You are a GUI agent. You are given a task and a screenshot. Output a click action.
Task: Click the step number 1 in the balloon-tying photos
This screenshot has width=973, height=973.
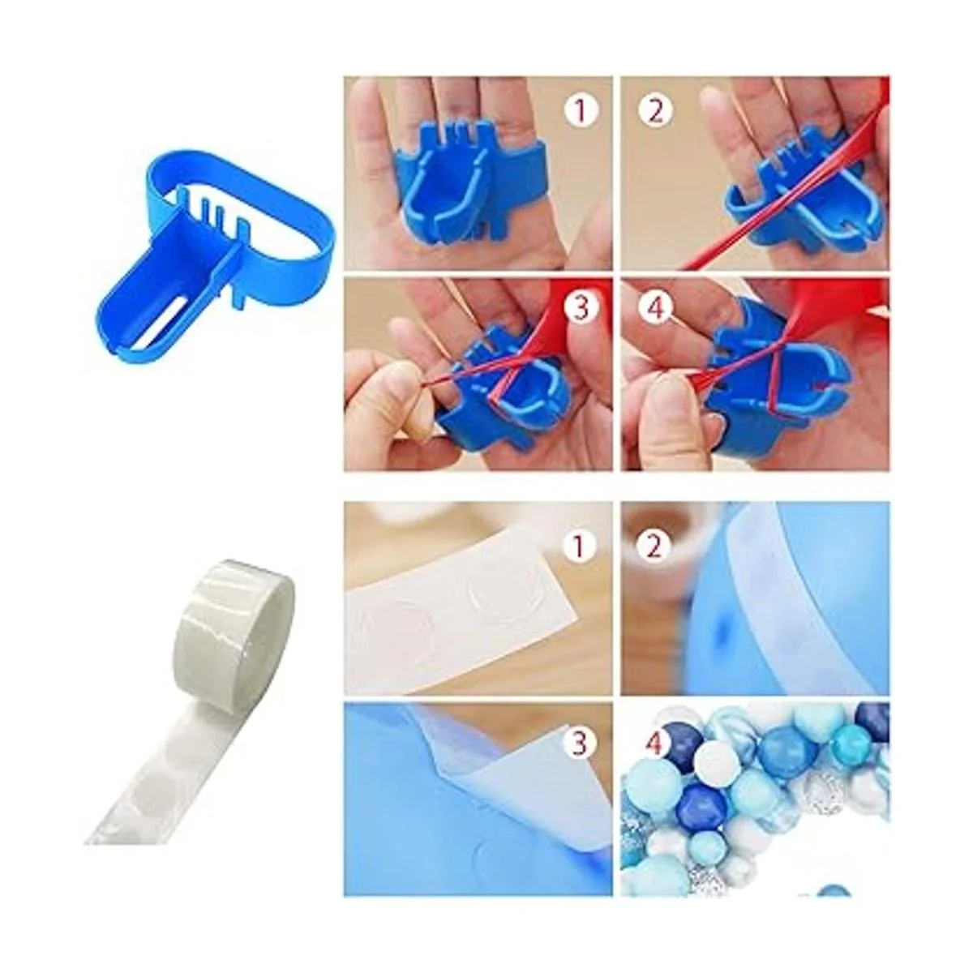581,111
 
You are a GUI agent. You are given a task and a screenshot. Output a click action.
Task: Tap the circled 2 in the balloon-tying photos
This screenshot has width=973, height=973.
655,111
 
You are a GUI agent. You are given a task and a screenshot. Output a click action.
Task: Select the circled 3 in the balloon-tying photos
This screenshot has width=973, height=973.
581,306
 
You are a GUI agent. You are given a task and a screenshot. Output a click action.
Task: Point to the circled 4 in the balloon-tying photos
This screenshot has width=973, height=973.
655,306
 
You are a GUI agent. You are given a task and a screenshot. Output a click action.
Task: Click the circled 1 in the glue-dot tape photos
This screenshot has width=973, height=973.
579,546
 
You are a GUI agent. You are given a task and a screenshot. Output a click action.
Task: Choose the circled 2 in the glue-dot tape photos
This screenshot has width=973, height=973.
654,546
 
